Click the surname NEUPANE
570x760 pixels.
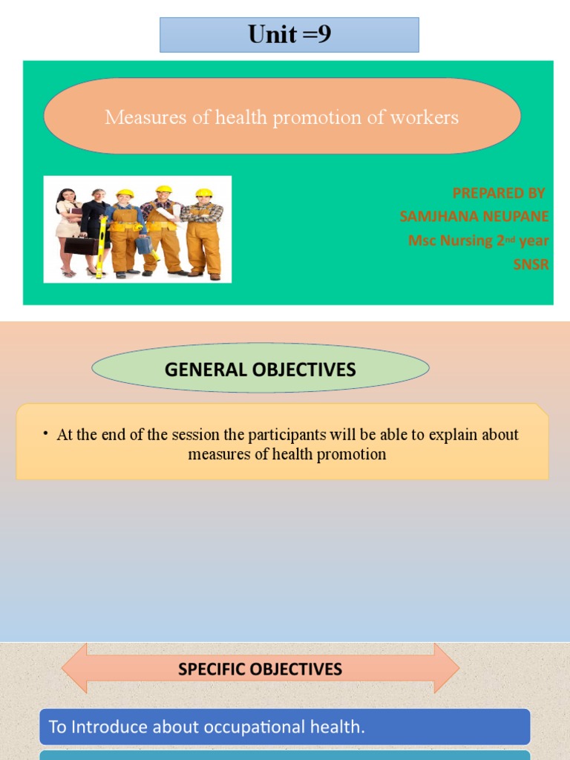click(x=514, y=217)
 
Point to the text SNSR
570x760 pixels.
click(x=531, y=264)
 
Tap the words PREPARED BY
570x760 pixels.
click(x=498, y=193)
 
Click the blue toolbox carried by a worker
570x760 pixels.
click(x=143, y=244)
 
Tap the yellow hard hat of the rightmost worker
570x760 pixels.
click(x=204, y=193)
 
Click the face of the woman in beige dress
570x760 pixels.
click(x=67, y=197)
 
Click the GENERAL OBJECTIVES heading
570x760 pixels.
click(x=260, y=369)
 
